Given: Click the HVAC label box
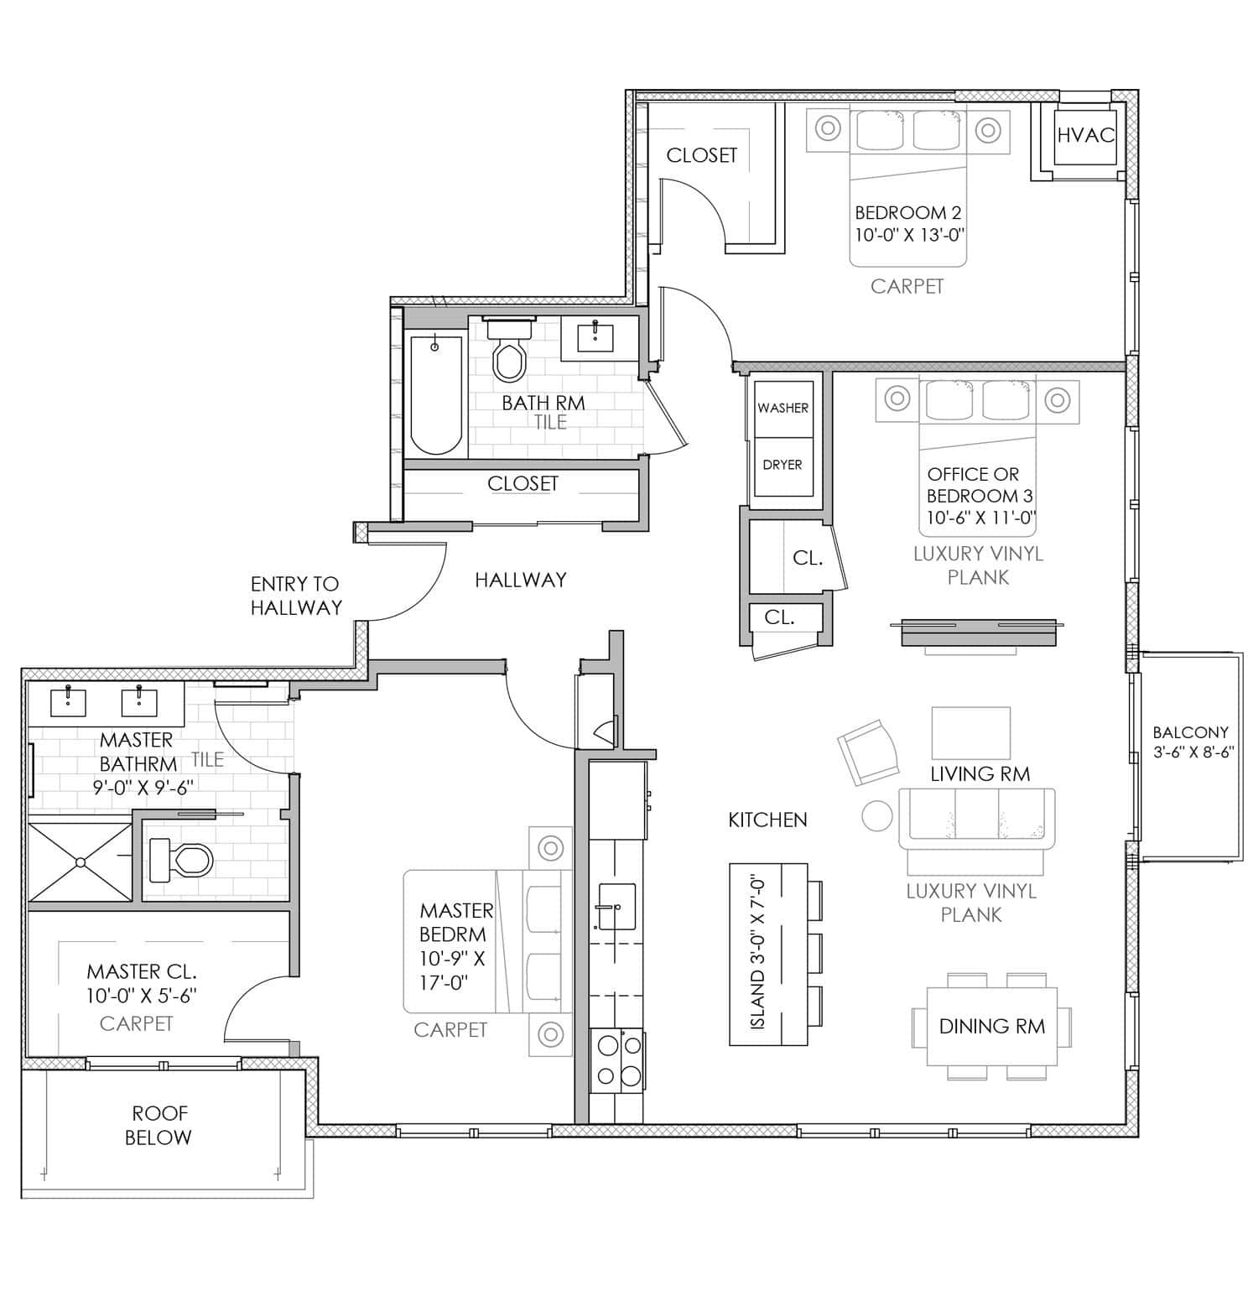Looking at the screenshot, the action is point(1084,134).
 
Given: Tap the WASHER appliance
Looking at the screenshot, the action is point(783,409).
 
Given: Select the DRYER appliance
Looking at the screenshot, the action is point(783,466).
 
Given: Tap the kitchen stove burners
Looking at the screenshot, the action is point(617,1060).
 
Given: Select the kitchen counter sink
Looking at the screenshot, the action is point(616,906).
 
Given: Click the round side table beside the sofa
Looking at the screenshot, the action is point(877,815).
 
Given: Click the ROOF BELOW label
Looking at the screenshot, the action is point(159,1125).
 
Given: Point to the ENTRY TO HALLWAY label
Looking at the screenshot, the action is point(296,596).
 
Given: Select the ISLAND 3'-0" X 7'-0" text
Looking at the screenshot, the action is point(757,953).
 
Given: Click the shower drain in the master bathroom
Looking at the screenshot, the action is point(81,862).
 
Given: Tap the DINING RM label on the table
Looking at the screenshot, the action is point(992,1026).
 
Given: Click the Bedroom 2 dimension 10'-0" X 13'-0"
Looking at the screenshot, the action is point(909,235).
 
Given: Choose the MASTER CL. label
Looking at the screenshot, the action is point(142,971).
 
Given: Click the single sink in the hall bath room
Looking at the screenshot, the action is point(595,337).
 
